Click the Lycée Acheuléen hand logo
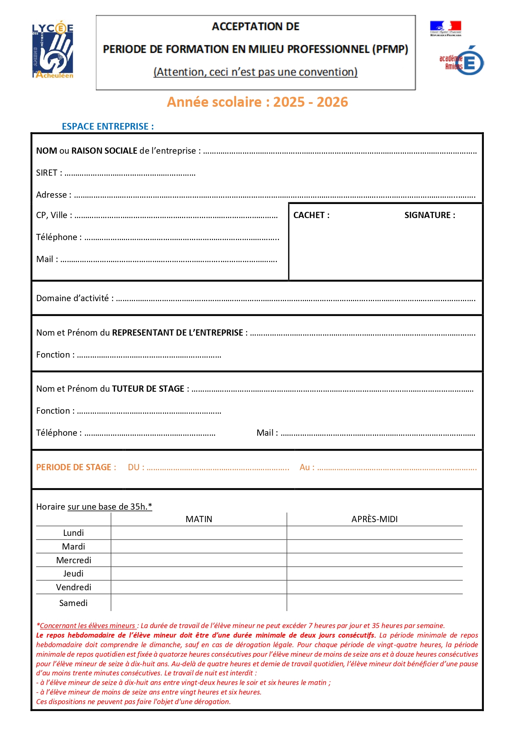pyautogui.click(x=53, y=50)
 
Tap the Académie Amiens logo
pyautogui.click(x=462, y=61)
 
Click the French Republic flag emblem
pyautogui.click(x=445, y=28)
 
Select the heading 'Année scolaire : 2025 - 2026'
pyautogui.click(x=257, y=102)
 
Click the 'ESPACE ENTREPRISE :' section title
pyautogui.click(x=107, y=127)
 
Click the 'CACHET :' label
pyautogui.click(x=311, y=215)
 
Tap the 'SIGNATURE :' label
pyautogui.click(x=430, y=215)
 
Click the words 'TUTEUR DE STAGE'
pyautogui.click(x=148, y=389)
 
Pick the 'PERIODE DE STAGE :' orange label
pyautogui.click(x=76, y=467)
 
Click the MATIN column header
pyautogui.click(x=199, y=519)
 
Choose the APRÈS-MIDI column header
pyautogui.click(x=374, y=519)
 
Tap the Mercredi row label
pyautogui.click(x=73, y=560)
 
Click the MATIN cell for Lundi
pyautogui.click(x=199, y=533)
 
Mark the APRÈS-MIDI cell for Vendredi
pyautogui.click(x=374, y=587)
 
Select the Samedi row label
pyautogui.click(x=73, y=603)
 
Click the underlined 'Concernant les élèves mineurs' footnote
pyautogui.click(x=88, y=626)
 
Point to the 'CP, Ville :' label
pyautogui.click(x=54, y=215)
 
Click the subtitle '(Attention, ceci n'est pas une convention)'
pyautogui.click(x=256, y=72)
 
